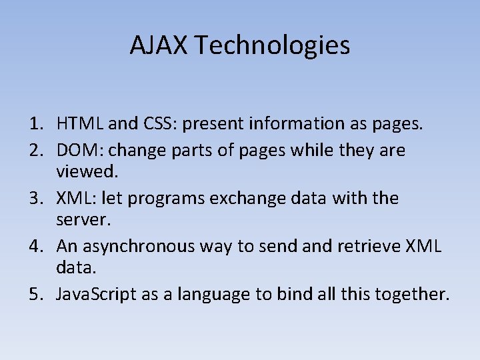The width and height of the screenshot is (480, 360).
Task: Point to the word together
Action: [413, 295]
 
